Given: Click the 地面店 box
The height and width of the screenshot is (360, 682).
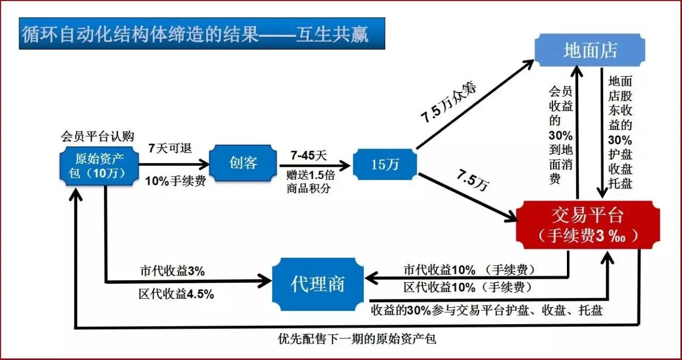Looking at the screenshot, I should (x=590, y=51).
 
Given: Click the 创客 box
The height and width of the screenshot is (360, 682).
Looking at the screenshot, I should (x=243, y=162).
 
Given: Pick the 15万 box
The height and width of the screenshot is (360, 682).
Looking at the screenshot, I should (x=385, y=165).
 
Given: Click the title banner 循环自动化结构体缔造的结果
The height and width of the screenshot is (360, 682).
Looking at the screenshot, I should (x=201, y=34).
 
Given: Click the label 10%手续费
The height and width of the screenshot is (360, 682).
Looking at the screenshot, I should (x=175, y=180).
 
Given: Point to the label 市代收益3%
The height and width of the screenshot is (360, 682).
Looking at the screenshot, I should (x=172, y=271).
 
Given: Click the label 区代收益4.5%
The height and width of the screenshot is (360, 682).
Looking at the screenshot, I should (x=176, y=294).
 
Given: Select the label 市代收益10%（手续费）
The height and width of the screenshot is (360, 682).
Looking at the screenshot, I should (x=469, y=269).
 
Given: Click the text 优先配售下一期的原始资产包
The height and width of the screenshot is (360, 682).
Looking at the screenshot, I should (x=357, y=339).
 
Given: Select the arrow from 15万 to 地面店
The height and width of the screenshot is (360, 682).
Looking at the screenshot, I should (x=474, y=104).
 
